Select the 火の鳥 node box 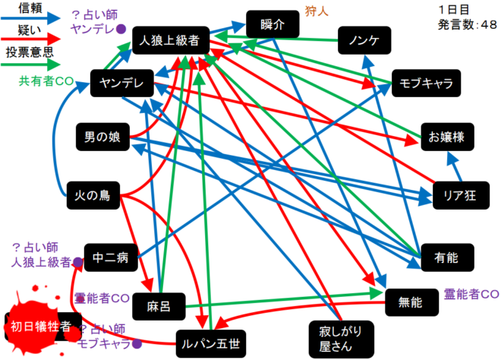pos(93,195)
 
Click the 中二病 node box pos(112,257)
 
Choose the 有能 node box pos(446,258)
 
